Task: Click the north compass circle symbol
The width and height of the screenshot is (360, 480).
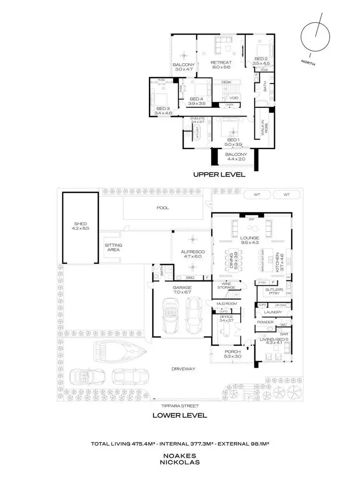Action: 315,36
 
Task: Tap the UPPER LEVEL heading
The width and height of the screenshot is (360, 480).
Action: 219,175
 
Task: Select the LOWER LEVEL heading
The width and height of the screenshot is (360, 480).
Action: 180,415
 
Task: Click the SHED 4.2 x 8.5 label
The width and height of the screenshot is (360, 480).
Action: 80,226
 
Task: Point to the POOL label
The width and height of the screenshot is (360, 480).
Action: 163,208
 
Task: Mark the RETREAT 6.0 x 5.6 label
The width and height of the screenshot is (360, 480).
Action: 221,65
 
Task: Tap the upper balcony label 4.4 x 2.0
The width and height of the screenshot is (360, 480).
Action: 235,157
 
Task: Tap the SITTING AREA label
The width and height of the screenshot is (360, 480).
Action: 113,247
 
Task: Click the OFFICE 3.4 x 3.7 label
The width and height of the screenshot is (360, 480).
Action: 226,319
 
